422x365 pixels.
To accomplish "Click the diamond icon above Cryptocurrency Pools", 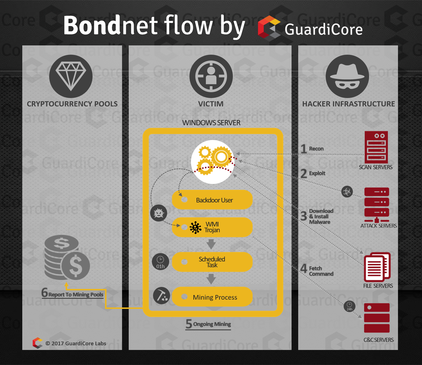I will [71, 76].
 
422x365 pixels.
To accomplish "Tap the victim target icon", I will [211, 76].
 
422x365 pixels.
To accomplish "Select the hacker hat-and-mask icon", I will [347, 76].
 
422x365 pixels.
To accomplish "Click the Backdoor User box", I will [212, 200].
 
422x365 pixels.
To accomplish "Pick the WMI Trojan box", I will [212, 227].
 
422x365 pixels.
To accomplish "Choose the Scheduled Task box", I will [212, 262].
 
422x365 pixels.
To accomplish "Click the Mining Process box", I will [212, 297].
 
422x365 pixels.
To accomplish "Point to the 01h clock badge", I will [160, 262].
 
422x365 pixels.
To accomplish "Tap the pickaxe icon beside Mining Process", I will [161, 296].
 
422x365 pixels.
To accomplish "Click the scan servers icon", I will [376, 147].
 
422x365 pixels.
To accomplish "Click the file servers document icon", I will [377, 267].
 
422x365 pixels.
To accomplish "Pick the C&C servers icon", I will [377, 318].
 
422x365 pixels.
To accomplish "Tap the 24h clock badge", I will [349, 306].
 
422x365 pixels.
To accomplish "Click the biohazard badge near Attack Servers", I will [347, 191].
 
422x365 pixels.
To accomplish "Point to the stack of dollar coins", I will [67, 257].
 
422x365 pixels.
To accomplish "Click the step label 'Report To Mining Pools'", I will [75, 294].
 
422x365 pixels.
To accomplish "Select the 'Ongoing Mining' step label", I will [212, 324].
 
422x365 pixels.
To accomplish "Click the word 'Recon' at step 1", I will [316, 149].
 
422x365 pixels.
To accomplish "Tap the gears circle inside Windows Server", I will [213, 162].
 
